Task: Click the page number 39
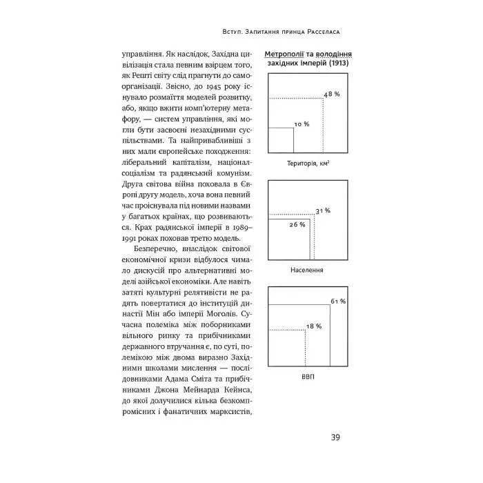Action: [x=335, y=437]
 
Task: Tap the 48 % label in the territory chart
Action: [x=333, y=93]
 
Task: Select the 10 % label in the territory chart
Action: [x=302, y=124]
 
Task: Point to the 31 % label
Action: [x=323, y=210]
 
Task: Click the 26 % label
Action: [x=297, y=225]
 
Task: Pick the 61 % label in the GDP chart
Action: [x=337, y=302]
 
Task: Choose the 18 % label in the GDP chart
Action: [x=314, y=325]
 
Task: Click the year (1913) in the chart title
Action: [x=338, y=63]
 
